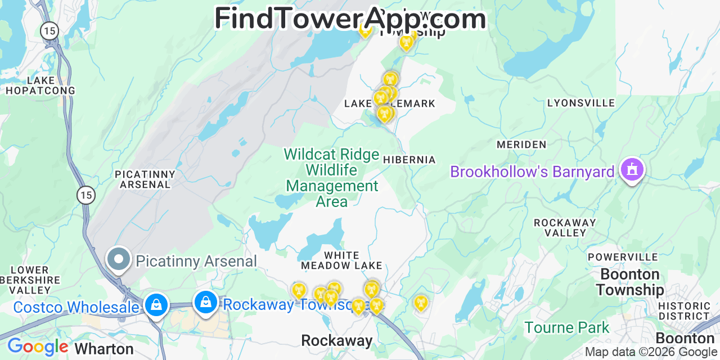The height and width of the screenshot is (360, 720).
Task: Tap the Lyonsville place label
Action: (x=581, y=103)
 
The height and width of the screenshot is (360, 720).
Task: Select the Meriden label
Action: (x=521, y=145)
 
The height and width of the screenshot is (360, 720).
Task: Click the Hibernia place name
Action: (x=409, y=160)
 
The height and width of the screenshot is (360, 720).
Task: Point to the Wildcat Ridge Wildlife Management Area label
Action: (x=332, y=177)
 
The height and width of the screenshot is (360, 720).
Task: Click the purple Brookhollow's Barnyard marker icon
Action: (x=632, y=169)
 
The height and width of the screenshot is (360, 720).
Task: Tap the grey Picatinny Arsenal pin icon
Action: (x=119, y=259)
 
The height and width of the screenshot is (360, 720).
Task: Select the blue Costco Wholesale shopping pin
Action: (x=156, y=305)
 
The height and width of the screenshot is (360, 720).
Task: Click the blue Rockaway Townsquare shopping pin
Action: (x=206, y=302)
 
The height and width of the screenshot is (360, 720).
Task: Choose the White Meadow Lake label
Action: (x=341, y=260)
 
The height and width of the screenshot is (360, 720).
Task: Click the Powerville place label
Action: (x=622, y=257)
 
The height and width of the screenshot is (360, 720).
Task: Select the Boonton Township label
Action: (x=630, y=282)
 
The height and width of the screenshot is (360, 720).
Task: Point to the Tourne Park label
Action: (x=567, y=327)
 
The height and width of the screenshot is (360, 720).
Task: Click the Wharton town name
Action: (x=104, y=349)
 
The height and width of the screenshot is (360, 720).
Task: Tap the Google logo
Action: (x=37, y=346)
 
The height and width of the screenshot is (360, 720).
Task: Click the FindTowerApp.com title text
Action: (x=350, y=19)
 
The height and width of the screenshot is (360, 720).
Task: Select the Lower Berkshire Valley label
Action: (x=30, y=280)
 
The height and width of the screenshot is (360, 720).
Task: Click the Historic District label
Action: (x=684, y=310)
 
